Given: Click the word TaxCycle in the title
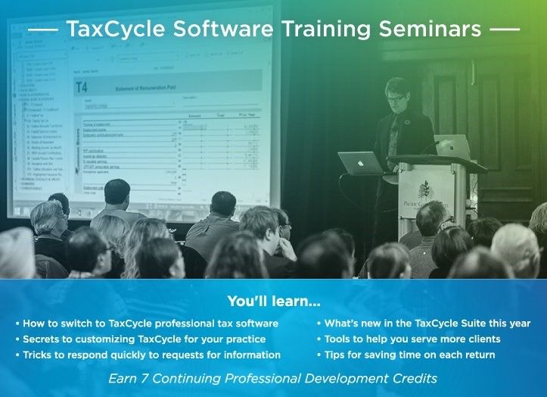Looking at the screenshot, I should (112, 30).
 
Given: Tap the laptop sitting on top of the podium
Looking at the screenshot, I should (452, 146).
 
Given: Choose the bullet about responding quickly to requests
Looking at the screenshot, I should (151, 354).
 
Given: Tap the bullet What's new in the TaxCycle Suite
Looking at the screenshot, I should (427, 324).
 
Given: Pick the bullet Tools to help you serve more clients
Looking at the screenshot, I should (412, 339).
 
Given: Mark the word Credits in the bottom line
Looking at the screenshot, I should (415, 376).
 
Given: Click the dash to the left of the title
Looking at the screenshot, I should (41, 30).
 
